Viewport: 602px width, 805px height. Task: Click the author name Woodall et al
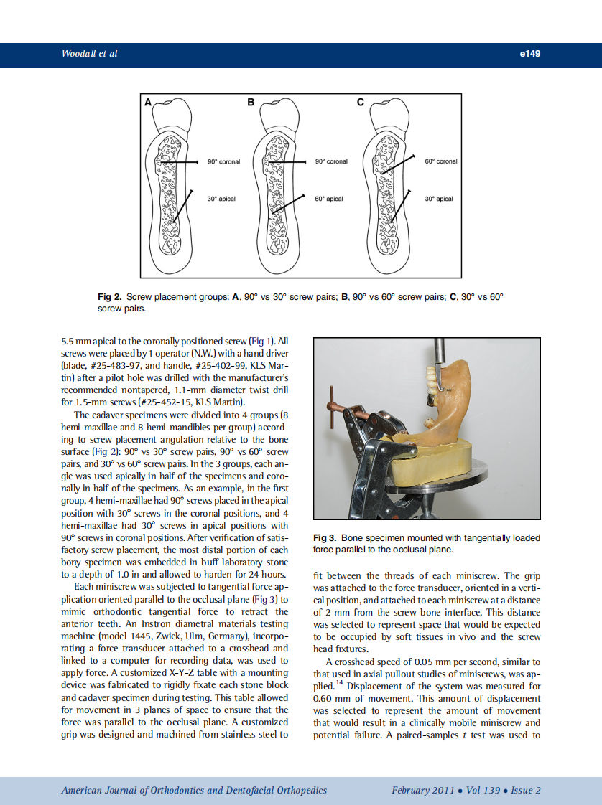coord(90,53)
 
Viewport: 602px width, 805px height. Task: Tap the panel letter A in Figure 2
coord(148,103)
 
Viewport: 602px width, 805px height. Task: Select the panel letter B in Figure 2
coord(251,103)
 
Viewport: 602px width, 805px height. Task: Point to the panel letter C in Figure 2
coord(361,103)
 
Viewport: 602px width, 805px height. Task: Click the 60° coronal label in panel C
coord(440,161)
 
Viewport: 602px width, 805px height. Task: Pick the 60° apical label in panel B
coord(329,199)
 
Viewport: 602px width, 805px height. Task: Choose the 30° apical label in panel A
coord(221,199)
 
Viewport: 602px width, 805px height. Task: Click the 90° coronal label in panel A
coord(223,161)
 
